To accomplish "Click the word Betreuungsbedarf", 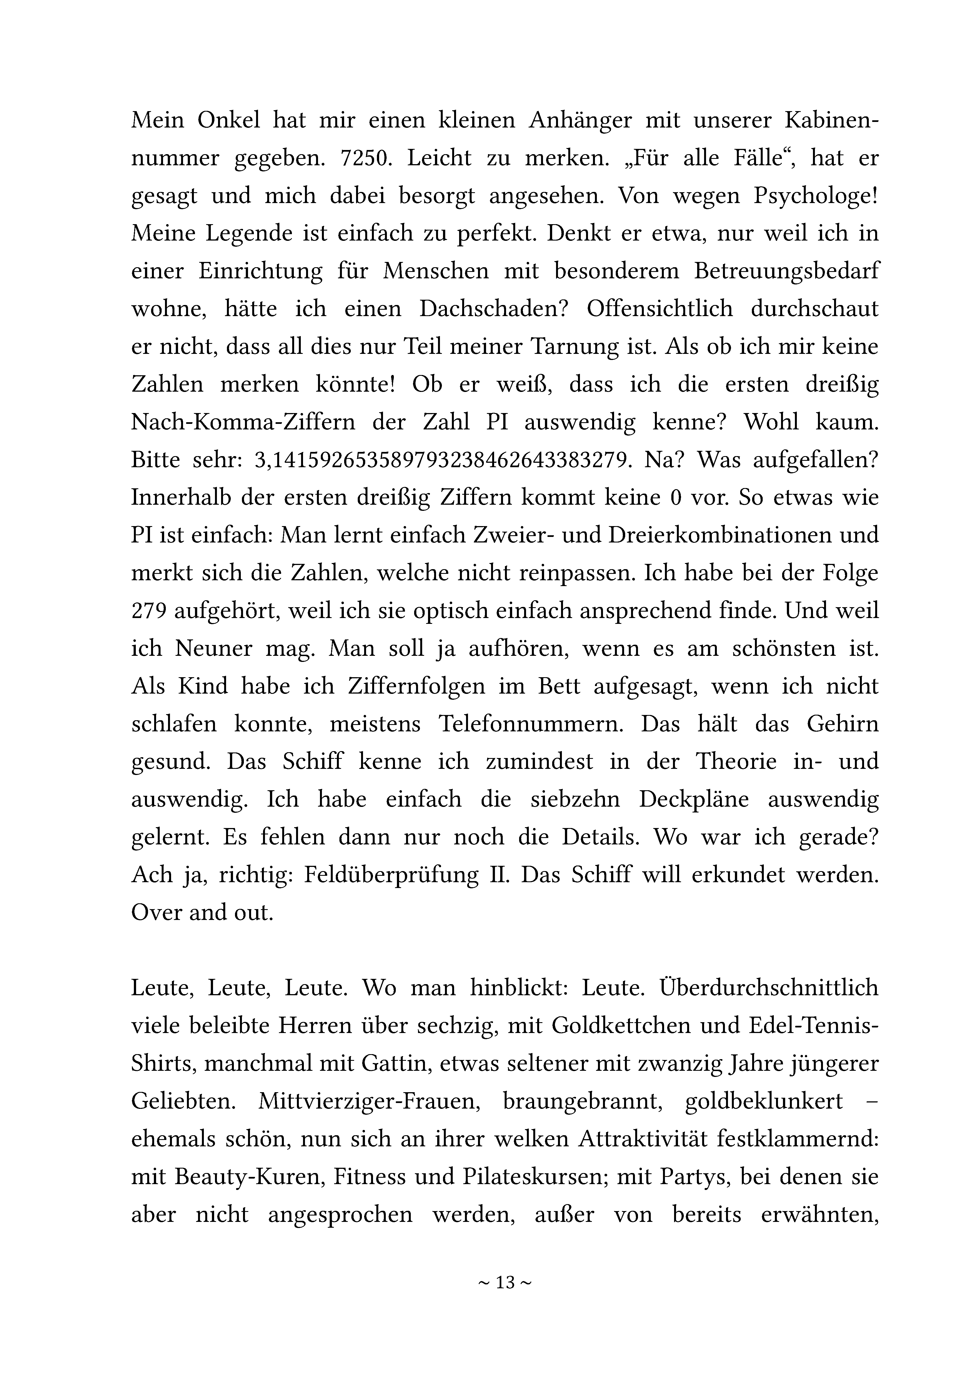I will click(x=786, y=271).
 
